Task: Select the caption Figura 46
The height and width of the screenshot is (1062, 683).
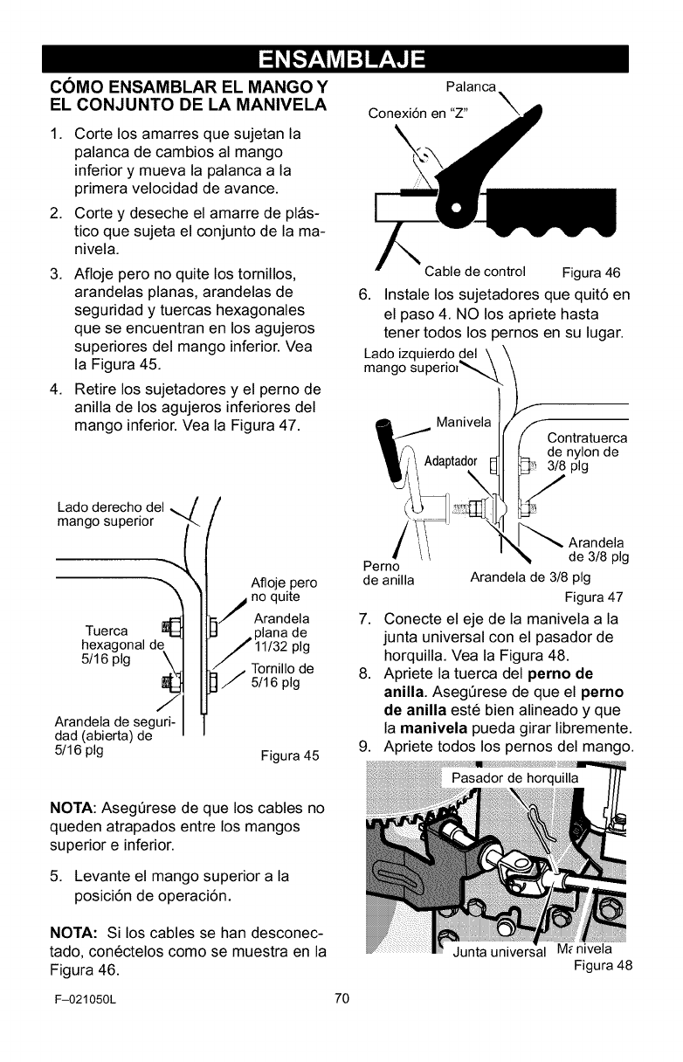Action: (591, 272)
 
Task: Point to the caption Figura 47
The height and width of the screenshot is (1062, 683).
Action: (594, 597)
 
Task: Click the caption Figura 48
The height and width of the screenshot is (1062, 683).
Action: (602, 965)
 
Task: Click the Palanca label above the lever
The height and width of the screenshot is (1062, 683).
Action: (472, 87)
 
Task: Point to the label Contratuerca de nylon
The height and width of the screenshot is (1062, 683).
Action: (587, 452)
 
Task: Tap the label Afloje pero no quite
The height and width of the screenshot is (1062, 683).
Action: (283, 590)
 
